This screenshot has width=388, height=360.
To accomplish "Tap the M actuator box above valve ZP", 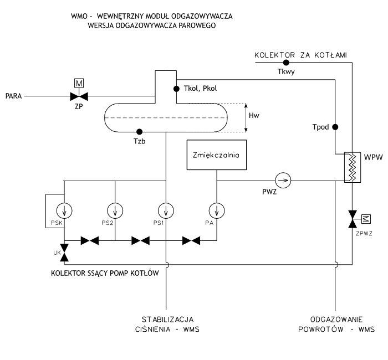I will (79, 84).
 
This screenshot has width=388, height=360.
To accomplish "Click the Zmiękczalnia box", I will (216, 156).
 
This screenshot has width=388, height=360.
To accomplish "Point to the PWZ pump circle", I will (283, 179).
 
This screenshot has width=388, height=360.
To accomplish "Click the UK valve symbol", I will (64, 252).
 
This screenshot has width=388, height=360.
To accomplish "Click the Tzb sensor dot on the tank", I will (139, 132).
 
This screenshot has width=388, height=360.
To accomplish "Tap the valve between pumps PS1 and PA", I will (191, 241).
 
